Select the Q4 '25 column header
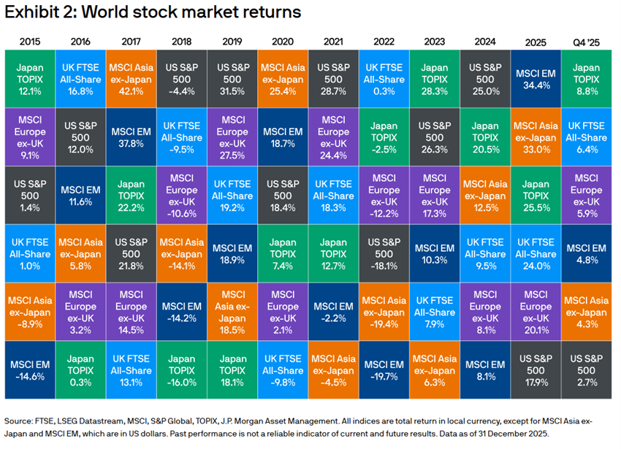pyautogui.click(x=586, y=41)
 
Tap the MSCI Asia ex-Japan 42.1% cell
pyautogui.click(x=131, y=78)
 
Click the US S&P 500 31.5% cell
pyautogui.click(x=232, y=78)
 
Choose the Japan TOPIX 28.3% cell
pyautogui.click(x=434, y=78)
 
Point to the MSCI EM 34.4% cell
pyautogui.click(x=535, y=78)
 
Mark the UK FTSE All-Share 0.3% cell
pyautogui.click(x=384, y=78)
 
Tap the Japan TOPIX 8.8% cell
pyautogui.click(x=586, y=78)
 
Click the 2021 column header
pyautogui.click(x=333, y=41)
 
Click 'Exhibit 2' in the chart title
pyautogui.click(x=37, y=13)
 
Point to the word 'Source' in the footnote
pyautogui.click(x=20, y=421)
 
